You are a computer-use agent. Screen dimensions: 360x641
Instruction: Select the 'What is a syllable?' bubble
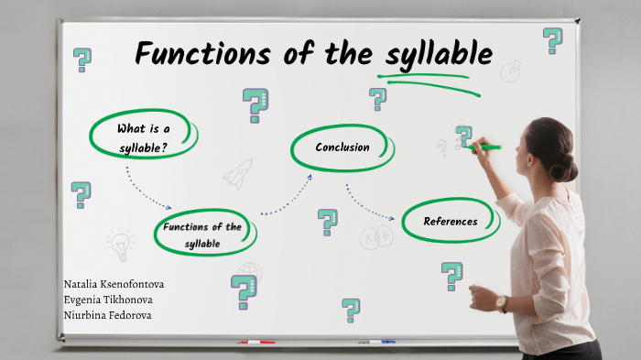[143, 136]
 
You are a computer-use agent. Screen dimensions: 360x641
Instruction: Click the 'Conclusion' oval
[342, 147]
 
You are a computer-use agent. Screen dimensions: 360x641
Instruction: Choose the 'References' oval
[451, 222]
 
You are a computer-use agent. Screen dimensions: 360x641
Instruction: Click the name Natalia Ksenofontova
[114, 284]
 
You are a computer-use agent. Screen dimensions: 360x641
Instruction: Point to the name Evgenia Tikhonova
[108, 300]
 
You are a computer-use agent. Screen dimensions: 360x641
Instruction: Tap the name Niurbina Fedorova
[107, 315]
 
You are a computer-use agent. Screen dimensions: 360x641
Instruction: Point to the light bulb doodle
[119, 245]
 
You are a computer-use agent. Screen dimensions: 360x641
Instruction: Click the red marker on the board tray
[256, 343]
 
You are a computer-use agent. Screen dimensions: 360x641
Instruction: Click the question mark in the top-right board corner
[552, 39]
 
